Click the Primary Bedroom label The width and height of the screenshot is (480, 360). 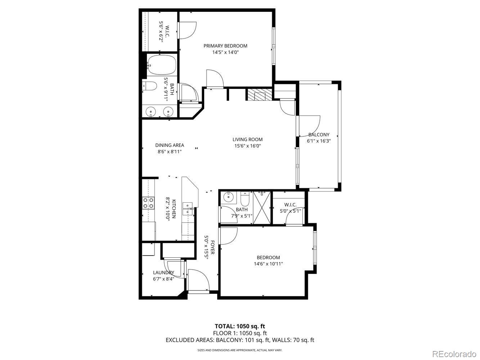click(x=225, y=46)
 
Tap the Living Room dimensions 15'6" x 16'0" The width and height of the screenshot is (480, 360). click(x=247, y=146)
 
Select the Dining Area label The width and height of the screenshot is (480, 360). click(x=170, y=145)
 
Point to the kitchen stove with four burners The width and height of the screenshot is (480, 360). click(x=148, y=203)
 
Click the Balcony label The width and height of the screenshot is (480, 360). click(x=319, y=135)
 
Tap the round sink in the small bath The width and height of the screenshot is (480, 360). click(x=228, y=197)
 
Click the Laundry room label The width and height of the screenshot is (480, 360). click(x=163, y=273)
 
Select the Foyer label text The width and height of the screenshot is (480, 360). click(x=212, y=247)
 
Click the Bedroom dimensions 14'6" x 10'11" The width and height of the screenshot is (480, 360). click(x=268, y=264)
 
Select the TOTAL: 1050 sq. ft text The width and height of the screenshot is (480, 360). click(x=240, y=326)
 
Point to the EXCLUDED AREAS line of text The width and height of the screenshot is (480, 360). click(x=240, y=340)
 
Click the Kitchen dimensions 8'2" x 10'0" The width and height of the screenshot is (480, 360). click(x=167, y=209)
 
